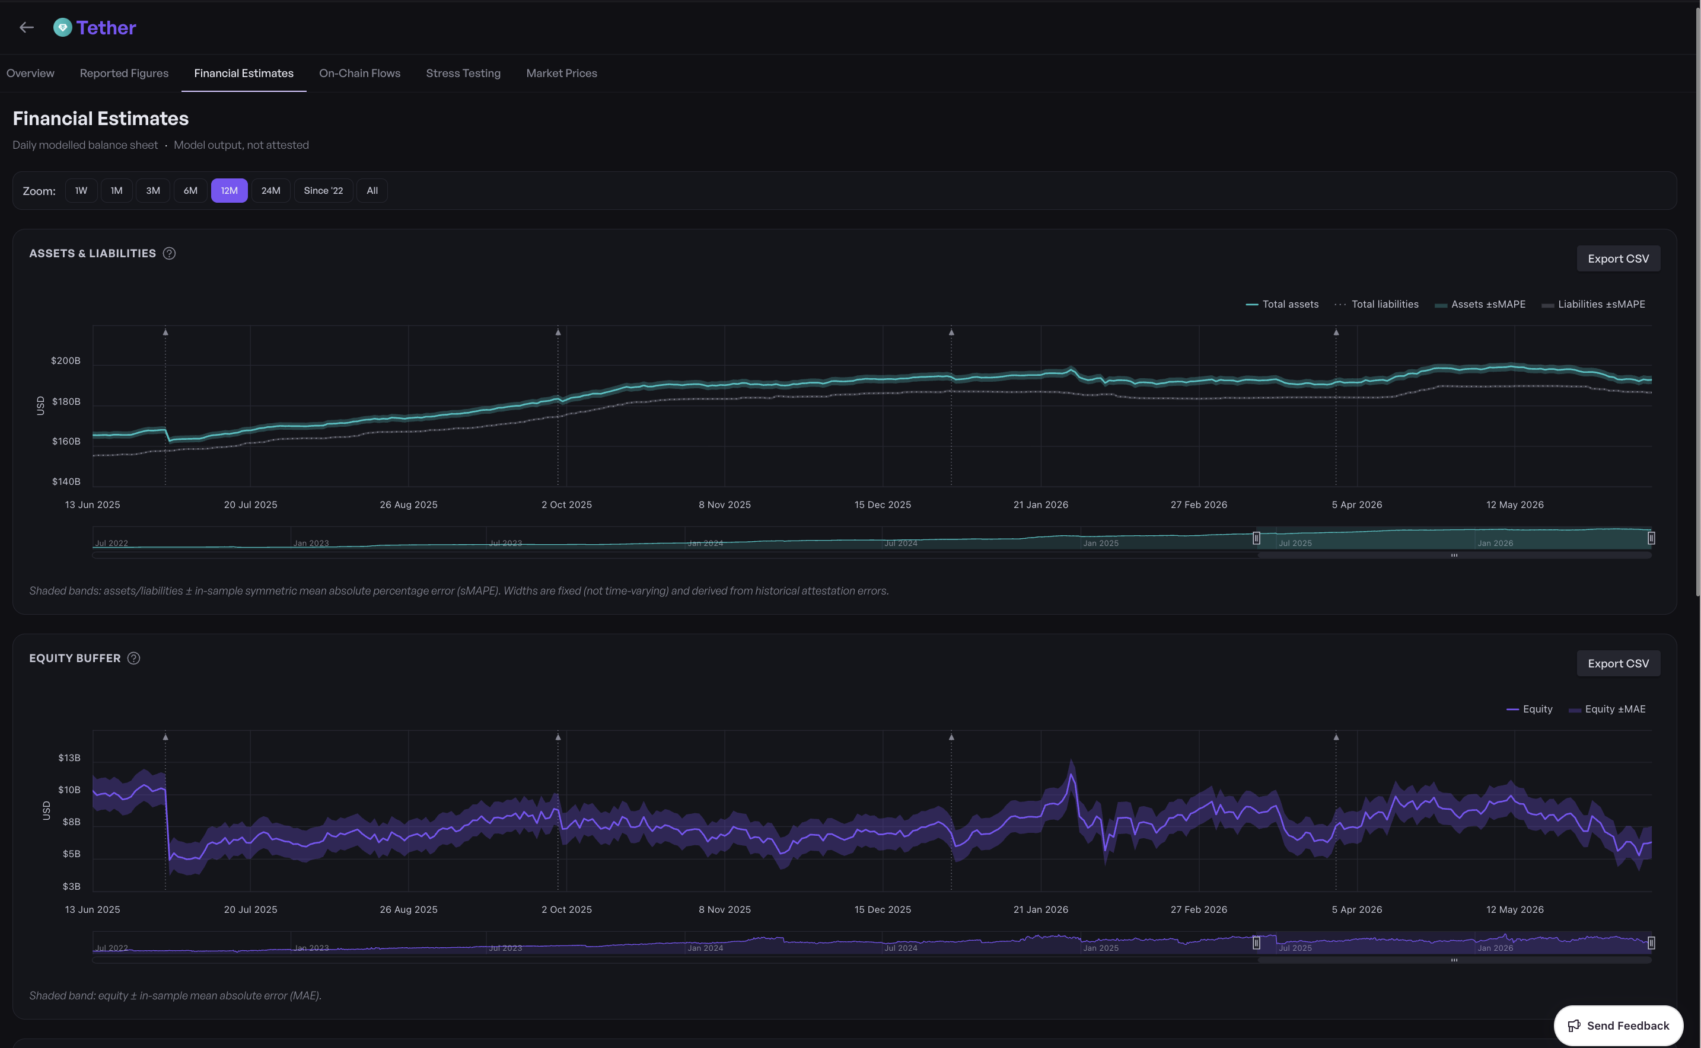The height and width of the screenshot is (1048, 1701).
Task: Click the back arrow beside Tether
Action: point(26,28)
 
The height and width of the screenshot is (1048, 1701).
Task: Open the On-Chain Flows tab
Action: point(359,74)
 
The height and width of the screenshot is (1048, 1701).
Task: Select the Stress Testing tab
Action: point(463,74)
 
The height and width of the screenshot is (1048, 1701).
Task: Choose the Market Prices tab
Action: point(561,74)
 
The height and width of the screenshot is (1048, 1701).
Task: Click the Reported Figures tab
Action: point(124,74)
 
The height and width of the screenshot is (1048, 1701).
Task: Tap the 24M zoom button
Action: point(270,191)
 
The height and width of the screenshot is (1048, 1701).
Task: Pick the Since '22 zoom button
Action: point(323,191)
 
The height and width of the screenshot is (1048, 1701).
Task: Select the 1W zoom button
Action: point(81,191)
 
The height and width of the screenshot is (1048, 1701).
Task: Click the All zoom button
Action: point(372,191)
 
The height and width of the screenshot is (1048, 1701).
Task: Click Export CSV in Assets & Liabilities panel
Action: point(1618,258)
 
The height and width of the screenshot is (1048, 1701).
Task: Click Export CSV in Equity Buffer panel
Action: point(1618,663)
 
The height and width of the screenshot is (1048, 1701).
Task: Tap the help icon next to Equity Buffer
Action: point(134,659)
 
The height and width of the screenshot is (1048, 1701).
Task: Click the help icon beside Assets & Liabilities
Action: point(169,254)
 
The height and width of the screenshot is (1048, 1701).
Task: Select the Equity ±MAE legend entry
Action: point(1607,709)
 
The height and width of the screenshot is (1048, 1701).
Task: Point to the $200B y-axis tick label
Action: point(66,360)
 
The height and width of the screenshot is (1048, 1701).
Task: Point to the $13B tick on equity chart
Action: point(69,758)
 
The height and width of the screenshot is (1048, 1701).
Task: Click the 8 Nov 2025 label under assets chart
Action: point(725,504)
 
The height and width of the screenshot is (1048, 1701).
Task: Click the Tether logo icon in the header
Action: point(62,28)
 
